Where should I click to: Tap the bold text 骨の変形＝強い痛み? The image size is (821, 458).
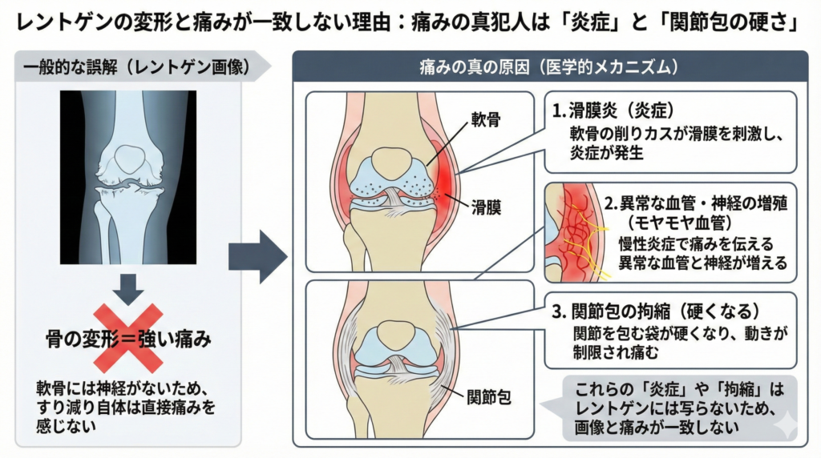128,339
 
